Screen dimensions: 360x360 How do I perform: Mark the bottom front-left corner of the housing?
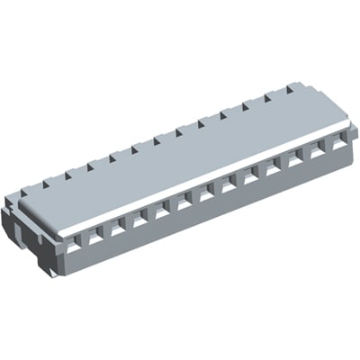pos(60,273)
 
